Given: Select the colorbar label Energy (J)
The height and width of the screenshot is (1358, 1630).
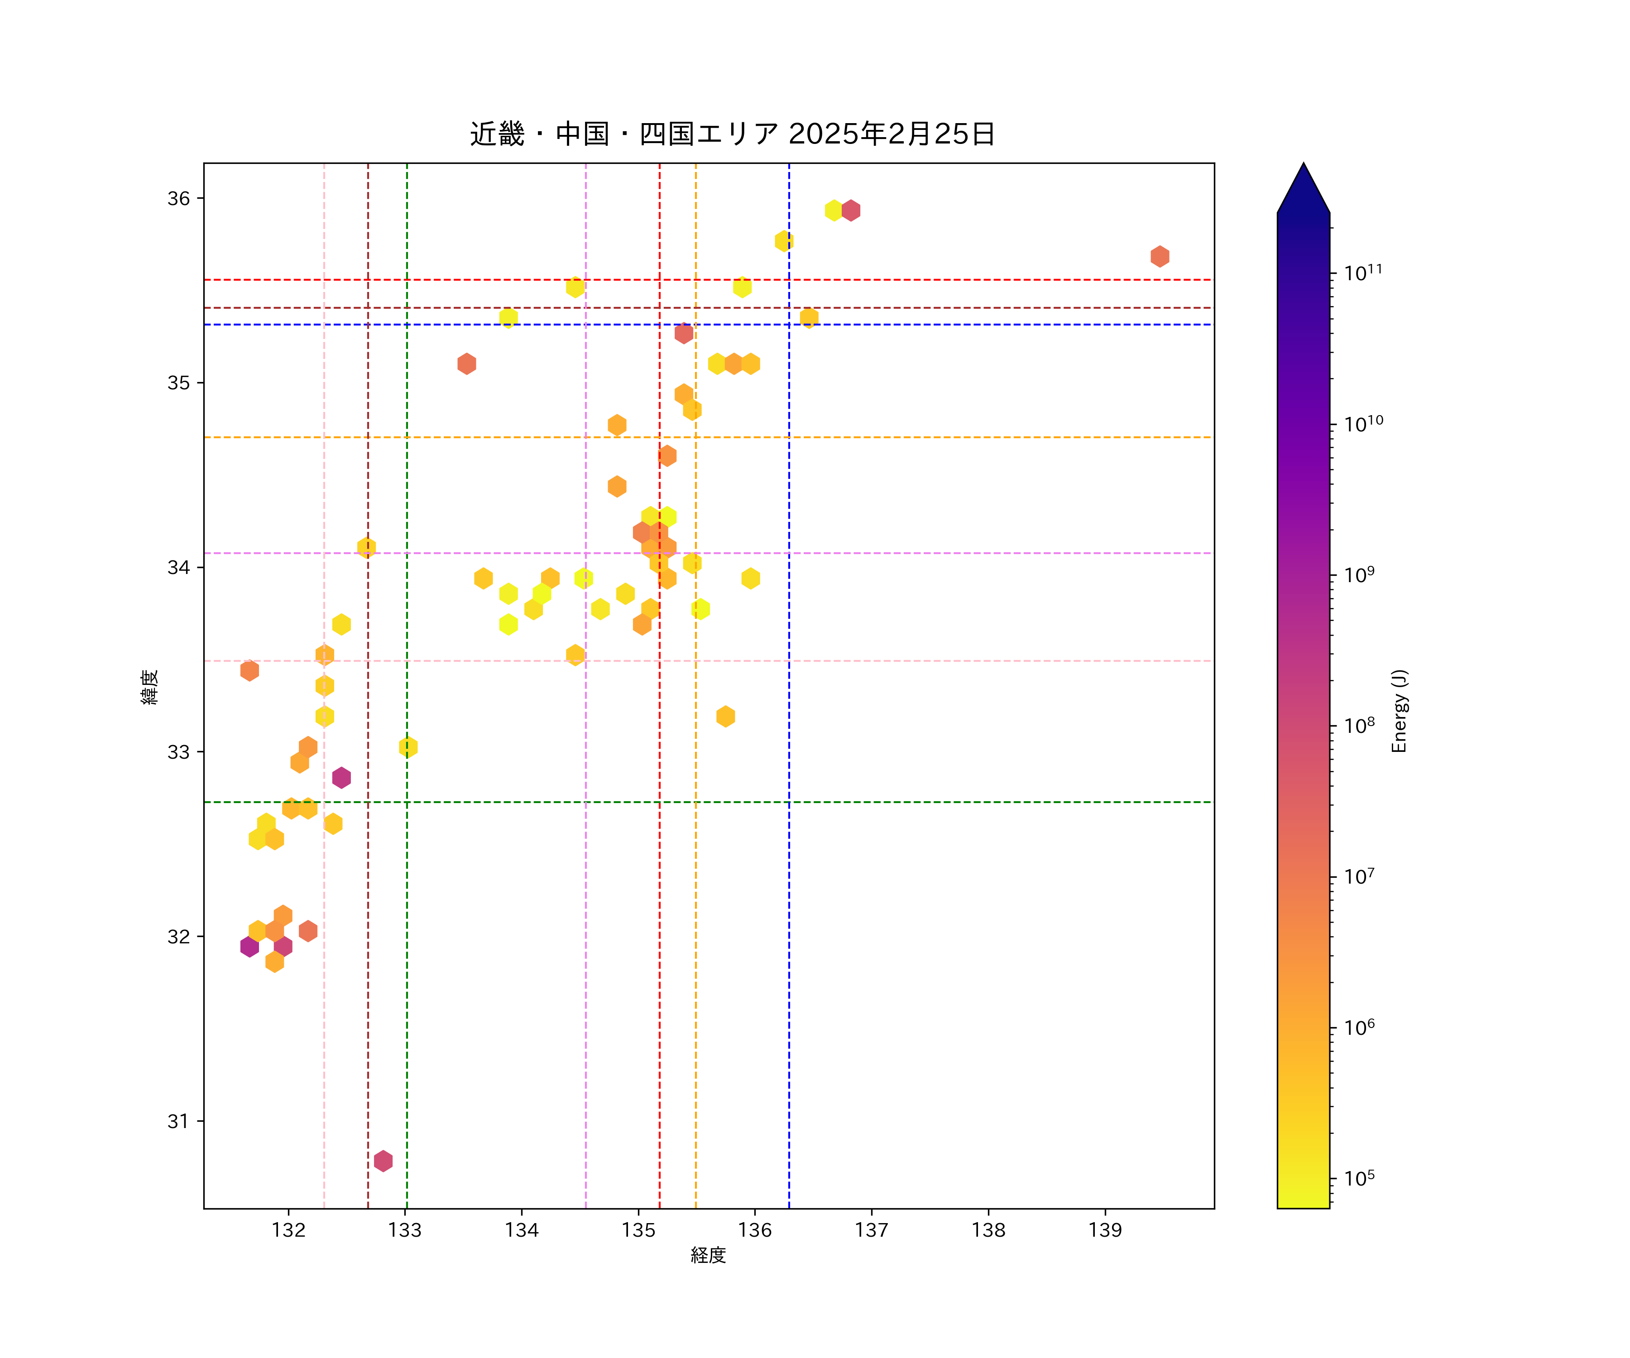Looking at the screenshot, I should tap(1400, 711).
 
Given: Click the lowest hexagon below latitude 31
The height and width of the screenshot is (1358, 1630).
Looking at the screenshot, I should tap(383, 1161).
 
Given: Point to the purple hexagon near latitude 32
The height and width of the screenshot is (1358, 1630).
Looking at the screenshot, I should tap(249, 946).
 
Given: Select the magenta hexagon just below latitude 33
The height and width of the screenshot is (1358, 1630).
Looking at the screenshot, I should tap(341, 778).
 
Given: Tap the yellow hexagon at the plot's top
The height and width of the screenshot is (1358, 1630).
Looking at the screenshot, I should tap(834, 210).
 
